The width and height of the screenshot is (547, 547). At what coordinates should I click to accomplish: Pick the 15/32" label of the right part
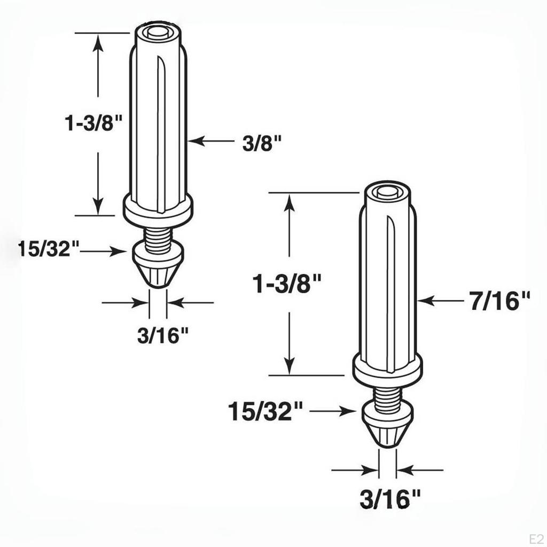pos(265,411)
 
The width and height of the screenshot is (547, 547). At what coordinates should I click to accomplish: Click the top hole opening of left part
pos(159,33)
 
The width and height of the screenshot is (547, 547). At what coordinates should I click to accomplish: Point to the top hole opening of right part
pos(387,193)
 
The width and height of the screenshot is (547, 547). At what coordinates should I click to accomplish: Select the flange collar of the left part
pos(158,209)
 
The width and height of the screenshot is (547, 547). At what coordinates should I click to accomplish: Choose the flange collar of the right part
pos(387,369)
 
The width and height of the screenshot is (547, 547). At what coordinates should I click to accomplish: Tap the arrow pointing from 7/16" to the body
pos(438,301)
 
